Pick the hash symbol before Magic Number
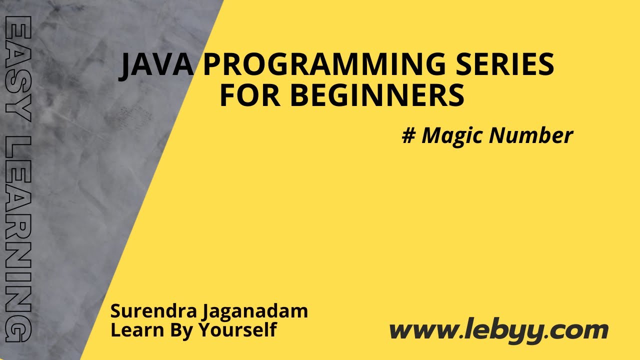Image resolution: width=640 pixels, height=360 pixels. pyautogui.click(x=408, y=135)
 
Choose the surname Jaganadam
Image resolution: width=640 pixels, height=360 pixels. pyautogui.click(x=255, y=312)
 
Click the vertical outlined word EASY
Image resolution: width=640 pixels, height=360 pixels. pyautogui.click(x=19, y=69)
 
